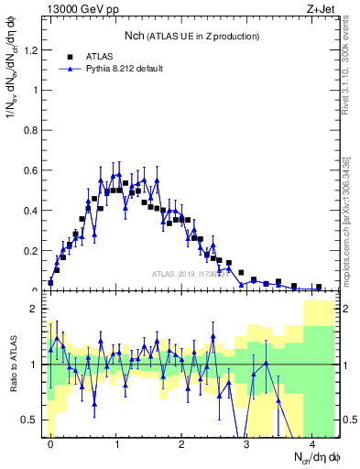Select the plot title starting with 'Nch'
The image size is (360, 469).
191,35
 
